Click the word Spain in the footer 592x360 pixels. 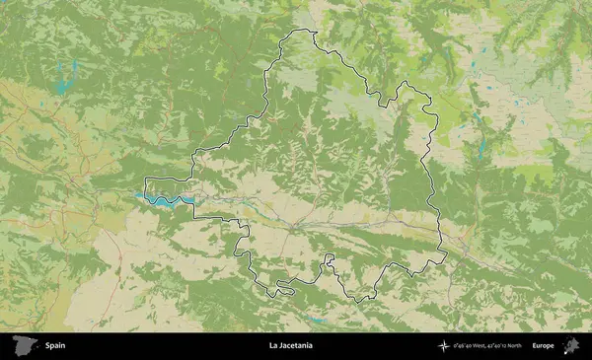click(54, 345)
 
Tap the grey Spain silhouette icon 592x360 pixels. click(23, 345)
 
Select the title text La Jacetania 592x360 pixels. click(290, 345)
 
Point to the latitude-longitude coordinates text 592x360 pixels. click(484, 345)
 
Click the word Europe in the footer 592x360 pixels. click(543, 345)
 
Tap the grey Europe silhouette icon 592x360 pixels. click(569, 345)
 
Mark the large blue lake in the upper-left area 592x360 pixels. click(65, 77)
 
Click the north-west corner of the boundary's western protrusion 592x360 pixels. click(146, 179)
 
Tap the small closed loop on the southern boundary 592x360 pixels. click(285, 289)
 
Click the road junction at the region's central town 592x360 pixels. click(293, 229)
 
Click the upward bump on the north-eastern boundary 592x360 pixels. click(403, 87)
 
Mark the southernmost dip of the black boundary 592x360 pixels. click(363, 299)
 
